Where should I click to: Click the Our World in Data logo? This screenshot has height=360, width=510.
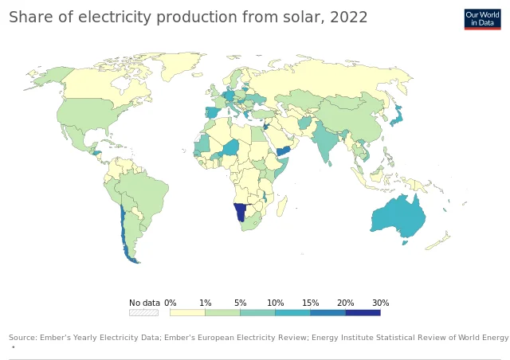tap(482, 19)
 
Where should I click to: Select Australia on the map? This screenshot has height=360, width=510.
tap(398, 215)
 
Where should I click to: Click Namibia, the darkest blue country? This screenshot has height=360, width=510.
tap(240, 213)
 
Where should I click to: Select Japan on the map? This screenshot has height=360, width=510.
tap(394, 117)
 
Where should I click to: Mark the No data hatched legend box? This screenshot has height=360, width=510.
tap(143, 312)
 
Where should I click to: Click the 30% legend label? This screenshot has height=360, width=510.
tap(380, 303)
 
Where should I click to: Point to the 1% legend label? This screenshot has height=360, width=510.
tap(205, 303)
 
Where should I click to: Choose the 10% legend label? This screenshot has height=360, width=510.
tap(275, 303)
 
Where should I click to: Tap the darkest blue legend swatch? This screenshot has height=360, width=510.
tap(363, 312)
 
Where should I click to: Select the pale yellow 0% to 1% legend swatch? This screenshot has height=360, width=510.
tap(187, 312)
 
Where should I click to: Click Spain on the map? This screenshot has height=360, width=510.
tap(213, 113)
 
